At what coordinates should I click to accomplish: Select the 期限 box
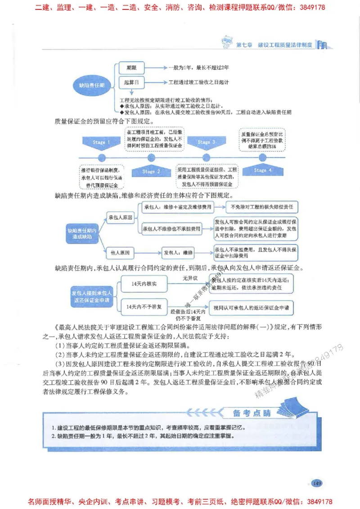[x=131, y=68]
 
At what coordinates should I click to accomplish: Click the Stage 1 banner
[x=99, y=143]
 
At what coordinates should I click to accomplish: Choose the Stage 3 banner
[x=204, y=142]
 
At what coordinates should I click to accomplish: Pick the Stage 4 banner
[x=262, y=170]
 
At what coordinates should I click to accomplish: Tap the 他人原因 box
[x=120, y=253]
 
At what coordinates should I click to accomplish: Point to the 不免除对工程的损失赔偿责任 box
[x=261, y=207]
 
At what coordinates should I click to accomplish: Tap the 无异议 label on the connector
[x=190, y=278]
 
